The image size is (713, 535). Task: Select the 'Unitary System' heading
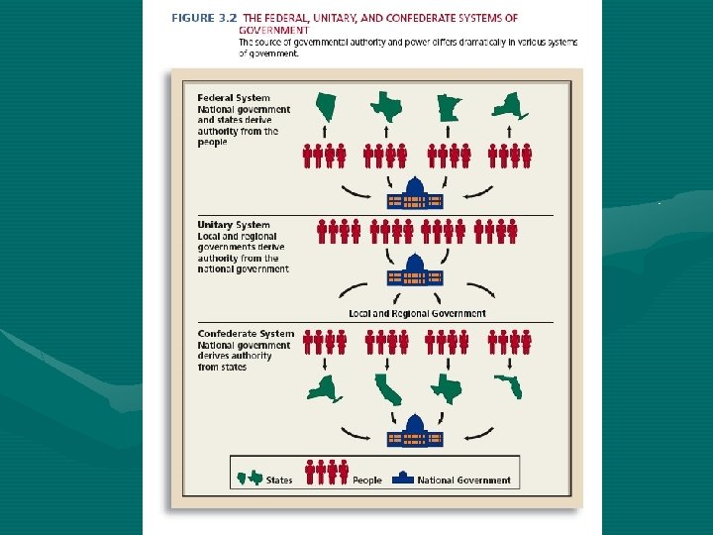(234, 225)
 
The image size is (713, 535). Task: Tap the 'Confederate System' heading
(246, 334)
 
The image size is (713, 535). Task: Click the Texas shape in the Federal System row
(386, 105)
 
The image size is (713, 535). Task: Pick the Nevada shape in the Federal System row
(326, 105)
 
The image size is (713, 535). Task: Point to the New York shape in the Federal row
(509, 105)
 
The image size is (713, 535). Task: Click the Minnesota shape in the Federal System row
(448, 105)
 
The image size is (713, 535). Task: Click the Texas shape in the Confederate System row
(448, 387)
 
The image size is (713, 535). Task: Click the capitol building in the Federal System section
(415, 193)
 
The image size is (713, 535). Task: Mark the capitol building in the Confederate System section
(415, 433)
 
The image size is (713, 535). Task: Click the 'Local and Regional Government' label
(417, 313)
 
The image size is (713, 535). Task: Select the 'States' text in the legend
(279, 481)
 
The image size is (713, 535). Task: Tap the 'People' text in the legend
(366, 481)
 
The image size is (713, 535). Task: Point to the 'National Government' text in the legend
(463, 481)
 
